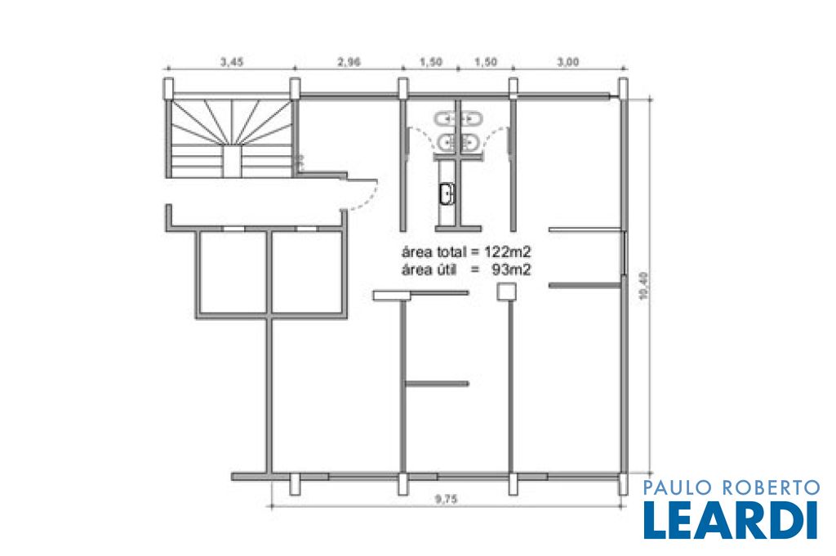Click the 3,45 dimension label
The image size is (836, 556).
(232, 62)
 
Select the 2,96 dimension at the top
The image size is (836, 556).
(349, 62)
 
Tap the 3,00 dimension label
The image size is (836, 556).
(568, 62)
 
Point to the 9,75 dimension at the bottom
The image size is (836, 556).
(447, 500)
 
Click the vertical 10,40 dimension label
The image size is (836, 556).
(643, 286)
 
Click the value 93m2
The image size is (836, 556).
(511, 269)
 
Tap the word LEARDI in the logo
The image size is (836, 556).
(731, 520)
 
